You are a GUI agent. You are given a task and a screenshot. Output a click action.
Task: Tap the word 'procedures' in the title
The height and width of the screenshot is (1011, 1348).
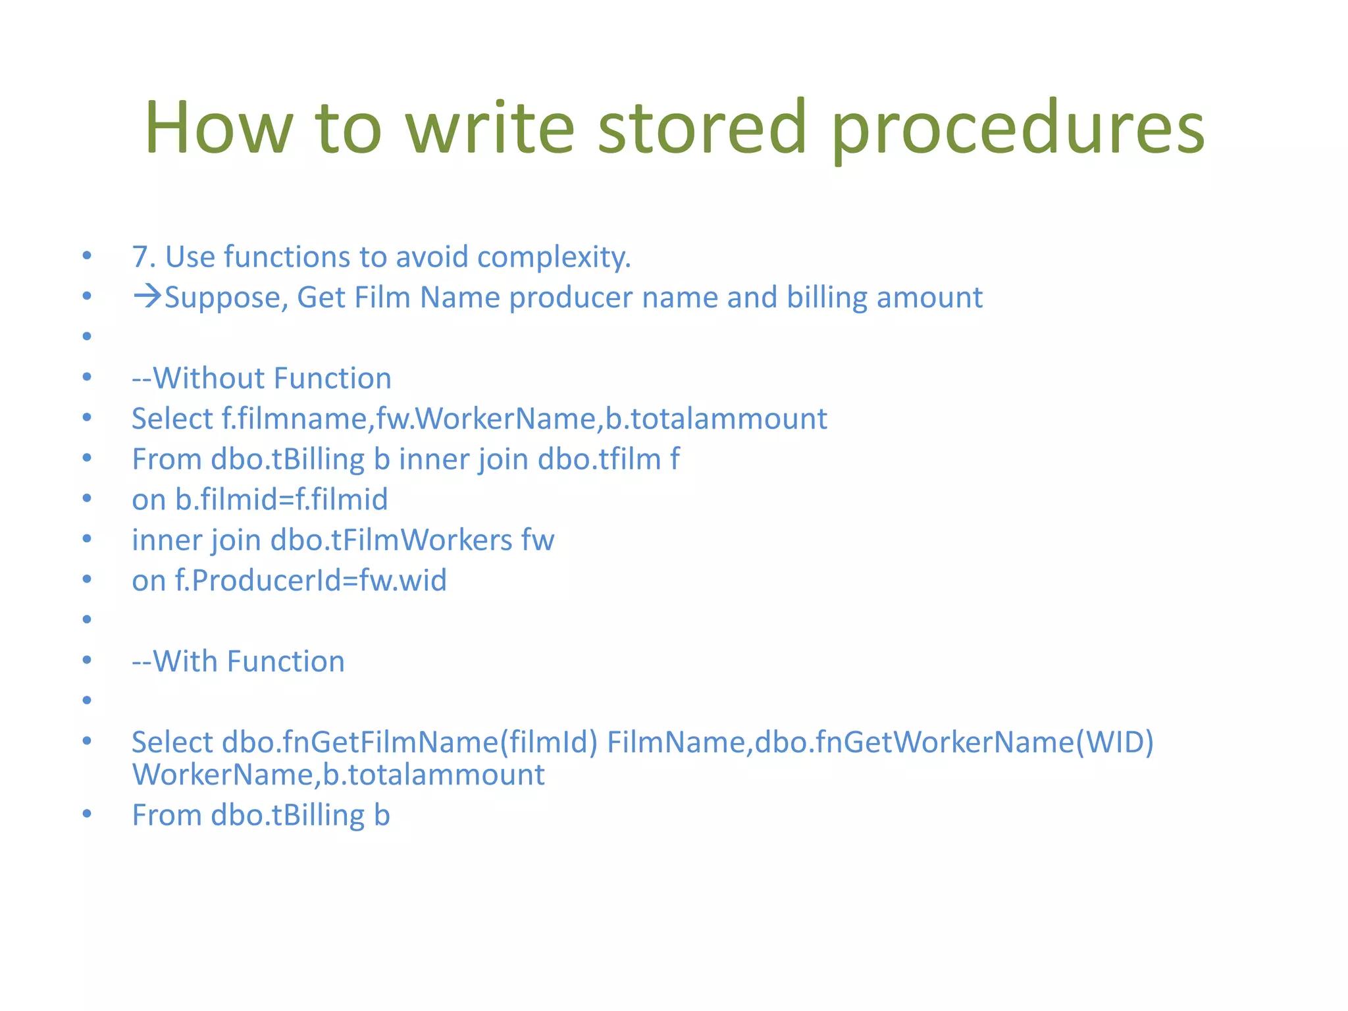(1017, 128)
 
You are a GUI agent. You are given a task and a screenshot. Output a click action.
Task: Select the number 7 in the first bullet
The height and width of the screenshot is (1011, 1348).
(140, 257)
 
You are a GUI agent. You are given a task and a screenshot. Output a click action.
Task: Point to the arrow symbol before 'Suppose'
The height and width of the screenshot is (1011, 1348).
(147, 296)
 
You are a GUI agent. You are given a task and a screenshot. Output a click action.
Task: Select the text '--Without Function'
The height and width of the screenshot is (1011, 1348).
(261, 378)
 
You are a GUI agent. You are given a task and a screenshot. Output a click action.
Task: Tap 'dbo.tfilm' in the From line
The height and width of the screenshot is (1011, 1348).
(599, 459)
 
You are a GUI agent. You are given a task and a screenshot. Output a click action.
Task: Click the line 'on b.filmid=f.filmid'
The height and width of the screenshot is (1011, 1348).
(259, 500)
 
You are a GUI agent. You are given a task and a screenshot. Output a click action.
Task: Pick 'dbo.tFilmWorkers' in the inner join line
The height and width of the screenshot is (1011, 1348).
(391, 540)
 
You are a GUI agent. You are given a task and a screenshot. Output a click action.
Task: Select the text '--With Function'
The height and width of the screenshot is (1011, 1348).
(238, 661)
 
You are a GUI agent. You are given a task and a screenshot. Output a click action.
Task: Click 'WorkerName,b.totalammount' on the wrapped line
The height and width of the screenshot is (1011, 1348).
(338, 775)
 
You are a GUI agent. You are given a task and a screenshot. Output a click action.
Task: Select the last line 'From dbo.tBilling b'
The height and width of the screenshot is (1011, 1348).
(261, 816)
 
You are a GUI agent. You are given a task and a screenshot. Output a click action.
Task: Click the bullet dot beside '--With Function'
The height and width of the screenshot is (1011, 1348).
(87, 660)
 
